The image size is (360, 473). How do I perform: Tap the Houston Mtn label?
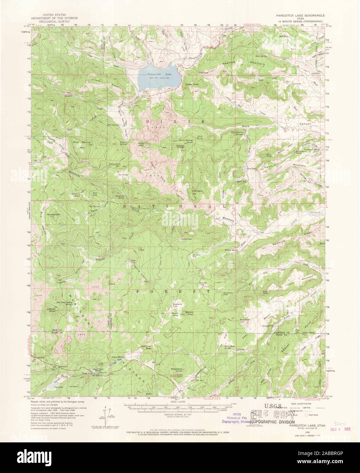(53, 215)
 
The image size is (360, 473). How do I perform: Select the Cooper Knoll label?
(189, 85)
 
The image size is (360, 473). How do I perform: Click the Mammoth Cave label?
(228, 294)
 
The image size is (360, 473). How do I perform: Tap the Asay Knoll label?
(245, 320)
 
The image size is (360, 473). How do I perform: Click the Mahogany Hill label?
(198, 192)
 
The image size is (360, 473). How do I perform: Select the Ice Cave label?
(73, 386)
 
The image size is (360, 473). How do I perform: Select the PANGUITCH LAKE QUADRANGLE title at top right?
(300, 16)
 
